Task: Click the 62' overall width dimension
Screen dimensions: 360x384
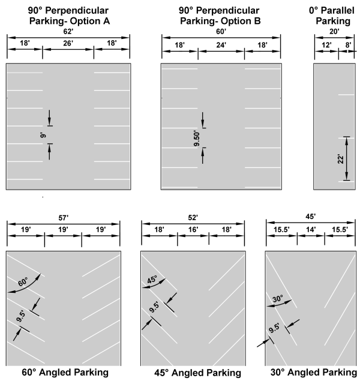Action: coord(68,32)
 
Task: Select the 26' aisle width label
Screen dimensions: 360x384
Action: coord(68,43)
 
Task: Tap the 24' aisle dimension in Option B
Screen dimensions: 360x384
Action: coord(221,45)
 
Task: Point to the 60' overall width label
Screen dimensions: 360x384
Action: coord(221,32)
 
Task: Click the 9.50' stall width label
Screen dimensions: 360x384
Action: coord(197,138)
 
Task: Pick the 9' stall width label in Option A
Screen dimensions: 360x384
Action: coord(43,135)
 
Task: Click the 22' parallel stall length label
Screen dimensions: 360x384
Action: coord(341,159)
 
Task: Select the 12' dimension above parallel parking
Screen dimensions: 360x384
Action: coord(326,45)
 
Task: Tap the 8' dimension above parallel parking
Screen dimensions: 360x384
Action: coord(348,45)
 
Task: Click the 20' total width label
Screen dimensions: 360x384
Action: coord(334,32)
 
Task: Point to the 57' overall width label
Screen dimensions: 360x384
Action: coord(64,217)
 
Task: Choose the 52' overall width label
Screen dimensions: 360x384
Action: coord(193,217)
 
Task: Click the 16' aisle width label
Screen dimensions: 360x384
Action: coord(193,229)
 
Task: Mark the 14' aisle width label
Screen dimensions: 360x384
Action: coord(311,229)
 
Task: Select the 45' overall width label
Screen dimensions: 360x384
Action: coord(311,217)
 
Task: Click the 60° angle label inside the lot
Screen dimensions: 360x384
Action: coord(23,281)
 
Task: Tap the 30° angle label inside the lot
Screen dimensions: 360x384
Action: coord(278,299)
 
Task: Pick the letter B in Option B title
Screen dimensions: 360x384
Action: coord(257,21)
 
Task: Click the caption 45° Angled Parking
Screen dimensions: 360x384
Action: coord(197,373)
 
